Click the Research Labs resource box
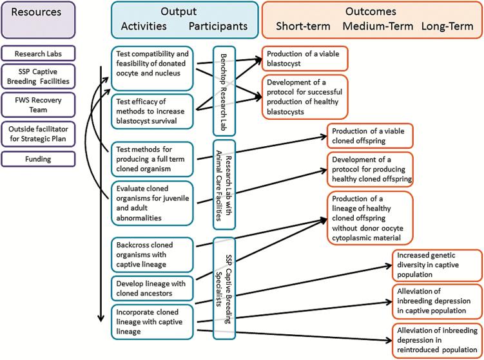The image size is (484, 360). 38,53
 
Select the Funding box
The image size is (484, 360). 38,159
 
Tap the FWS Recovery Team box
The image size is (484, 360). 38,105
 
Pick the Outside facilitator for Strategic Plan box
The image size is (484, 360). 38,134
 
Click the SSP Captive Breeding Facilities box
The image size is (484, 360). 38,77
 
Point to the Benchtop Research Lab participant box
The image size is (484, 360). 224,91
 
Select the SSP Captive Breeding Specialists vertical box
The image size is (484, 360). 224,289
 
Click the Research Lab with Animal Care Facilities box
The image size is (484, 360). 224,185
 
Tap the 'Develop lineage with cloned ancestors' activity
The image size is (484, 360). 152,289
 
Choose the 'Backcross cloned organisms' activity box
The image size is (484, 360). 152,255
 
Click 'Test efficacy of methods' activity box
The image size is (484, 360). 152,111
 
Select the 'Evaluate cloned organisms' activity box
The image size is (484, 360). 152,204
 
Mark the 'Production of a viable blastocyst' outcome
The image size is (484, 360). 305,59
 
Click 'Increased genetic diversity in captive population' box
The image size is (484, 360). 437,265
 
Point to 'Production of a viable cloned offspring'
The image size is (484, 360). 370,136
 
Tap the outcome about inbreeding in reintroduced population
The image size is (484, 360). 437,340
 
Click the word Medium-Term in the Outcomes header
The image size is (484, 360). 378,26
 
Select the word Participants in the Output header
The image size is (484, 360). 218,26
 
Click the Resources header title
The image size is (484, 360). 36,12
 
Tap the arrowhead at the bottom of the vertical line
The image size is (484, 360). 101,319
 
